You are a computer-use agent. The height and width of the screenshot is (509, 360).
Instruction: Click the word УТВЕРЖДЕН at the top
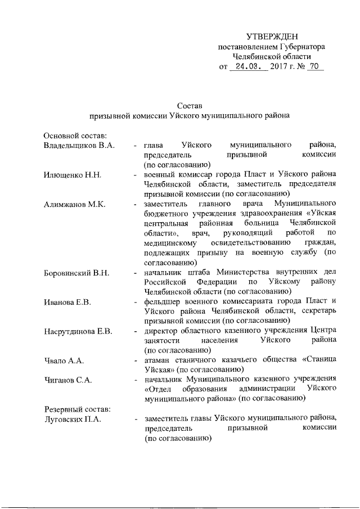pyautogui.click(x=272, y=36)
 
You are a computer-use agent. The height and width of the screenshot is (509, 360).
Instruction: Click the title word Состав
pyautogui.click(x=190, y=105)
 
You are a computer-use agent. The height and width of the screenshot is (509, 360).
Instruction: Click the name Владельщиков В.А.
pyautogui.click(x=79, y=145)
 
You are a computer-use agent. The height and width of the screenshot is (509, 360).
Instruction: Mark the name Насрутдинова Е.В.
pyautogui.click(x=79, y=331)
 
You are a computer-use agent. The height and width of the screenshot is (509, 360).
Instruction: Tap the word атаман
pyautogui.click(x=157, y=360)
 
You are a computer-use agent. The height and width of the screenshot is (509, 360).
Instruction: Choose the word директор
pyautogui.click(x=162, y=331)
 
